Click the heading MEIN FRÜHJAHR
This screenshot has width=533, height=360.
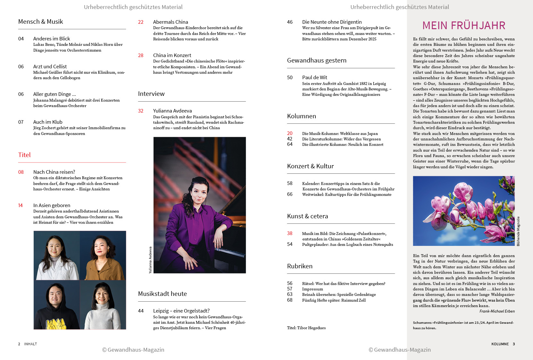click(x=463, y=25)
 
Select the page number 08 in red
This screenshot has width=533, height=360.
click(x=21, y=172)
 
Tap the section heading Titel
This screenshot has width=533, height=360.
click(x=24, y=155)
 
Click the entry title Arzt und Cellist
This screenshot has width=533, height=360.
click(x=50, y=66)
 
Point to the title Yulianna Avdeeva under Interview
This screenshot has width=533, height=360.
click(x=172, y=111)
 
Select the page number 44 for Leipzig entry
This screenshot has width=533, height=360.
click(x=141, y=311)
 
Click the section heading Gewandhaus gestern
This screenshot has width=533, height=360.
click(x=317, y=61)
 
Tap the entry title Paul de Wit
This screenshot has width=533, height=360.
click(x=314, y=78)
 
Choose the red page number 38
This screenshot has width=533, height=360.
click(x=290, y=233)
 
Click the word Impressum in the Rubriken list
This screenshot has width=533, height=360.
click(x=312, y=289)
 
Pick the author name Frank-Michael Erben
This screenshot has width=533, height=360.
click(x=497, y=311)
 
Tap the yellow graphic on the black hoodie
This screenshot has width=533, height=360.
click(x=56, y=324)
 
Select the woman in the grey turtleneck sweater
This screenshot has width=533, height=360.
click(x=103, y=306)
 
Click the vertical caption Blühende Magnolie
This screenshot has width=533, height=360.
click(x=518, y=231)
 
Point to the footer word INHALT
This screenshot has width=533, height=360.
click(x=30, y=344)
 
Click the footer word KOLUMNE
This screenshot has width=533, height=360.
click(x=500, y=344)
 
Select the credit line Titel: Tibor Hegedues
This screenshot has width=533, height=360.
click(x=306, y=328)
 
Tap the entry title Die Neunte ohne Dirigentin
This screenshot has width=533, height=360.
click(x=332, y=22)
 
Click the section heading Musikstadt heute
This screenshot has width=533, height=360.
click(x=162, y=294)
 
